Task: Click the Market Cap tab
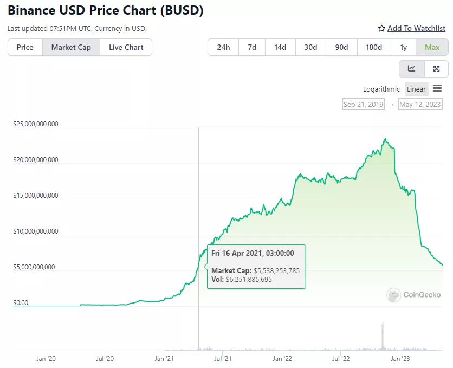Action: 71,47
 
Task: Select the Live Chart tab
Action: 126,47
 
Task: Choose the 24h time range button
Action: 223,47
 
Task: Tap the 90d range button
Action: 341,47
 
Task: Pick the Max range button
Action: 432,47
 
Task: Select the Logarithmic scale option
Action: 381,89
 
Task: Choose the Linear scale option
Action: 416,89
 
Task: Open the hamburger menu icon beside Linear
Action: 437,88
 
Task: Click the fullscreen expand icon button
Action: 436,69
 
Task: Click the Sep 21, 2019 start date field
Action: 363,104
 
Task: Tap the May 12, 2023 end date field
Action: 420,104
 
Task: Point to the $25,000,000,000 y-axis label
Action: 36,124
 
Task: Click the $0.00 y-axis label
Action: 21,303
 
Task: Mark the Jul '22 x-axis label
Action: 341,358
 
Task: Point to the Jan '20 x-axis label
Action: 46,358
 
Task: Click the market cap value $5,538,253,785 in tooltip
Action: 276,270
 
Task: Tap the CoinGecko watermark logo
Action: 414,295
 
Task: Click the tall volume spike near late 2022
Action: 383,336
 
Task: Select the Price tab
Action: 25,47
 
